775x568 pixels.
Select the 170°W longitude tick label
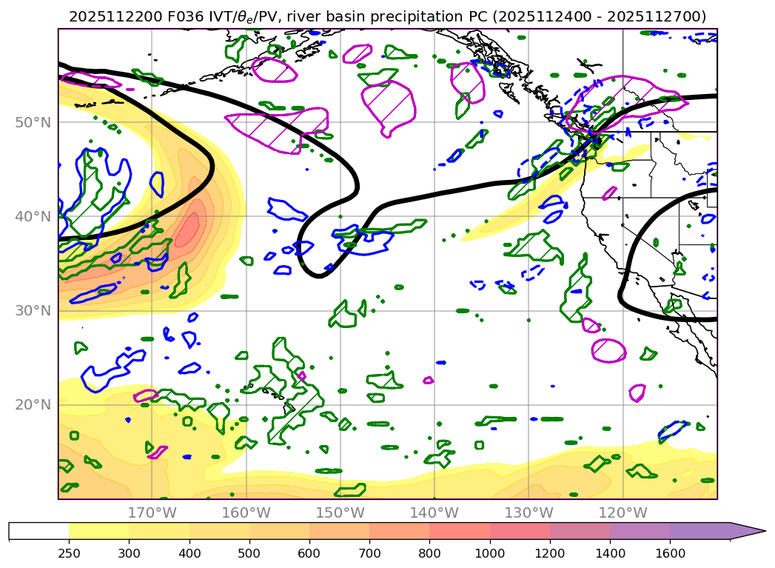(152, 512)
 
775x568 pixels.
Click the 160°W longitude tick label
(246, 512)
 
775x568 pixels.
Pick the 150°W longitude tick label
(340, 512)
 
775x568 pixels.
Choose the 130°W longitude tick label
(529, 512)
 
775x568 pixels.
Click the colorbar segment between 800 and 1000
(460, 531)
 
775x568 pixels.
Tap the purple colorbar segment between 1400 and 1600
(640, 531)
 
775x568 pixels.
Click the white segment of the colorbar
(38, 531)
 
